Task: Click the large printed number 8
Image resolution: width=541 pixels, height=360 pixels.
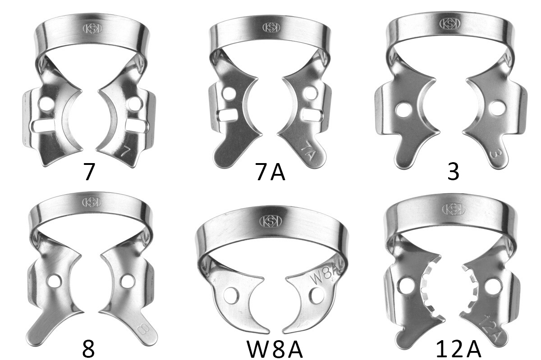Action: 88,349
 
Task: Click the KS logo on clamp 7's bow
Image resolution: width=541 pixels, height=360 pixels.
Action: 92,29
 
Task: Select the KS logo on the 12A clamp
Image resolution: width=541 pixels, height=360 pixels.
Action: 454,210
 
